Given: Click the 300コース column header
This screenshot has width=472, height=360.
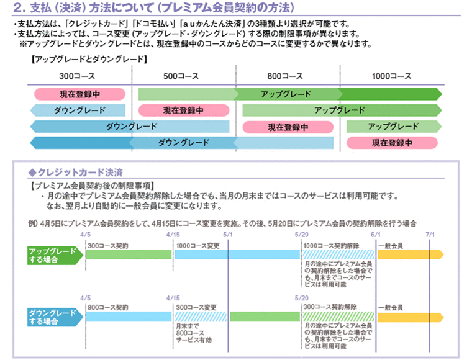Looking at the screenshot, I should point(78,76).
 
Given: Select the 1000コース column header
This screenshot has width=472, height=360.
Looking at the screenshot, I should point(391,76).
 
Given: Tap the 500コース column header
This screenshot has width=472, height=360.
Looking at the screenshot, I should point(181,76).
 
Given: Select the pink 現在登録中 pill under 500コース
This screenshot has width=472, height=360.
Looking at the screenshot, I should point(183,110).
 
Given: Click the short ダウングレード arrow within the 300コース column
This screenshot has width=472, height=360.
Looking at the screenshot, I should point(78,110).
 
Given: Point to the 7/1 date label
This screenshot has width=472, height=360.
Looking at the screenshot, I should point(430,235).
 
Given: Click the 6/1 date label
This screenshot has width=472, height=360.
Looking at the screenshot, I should point(374,235).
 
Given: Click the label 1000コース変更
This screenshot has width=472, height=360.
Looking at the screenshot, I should point(197,246).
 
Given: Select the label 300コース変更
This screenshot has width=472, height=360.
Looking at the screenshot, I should point(196,307).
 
